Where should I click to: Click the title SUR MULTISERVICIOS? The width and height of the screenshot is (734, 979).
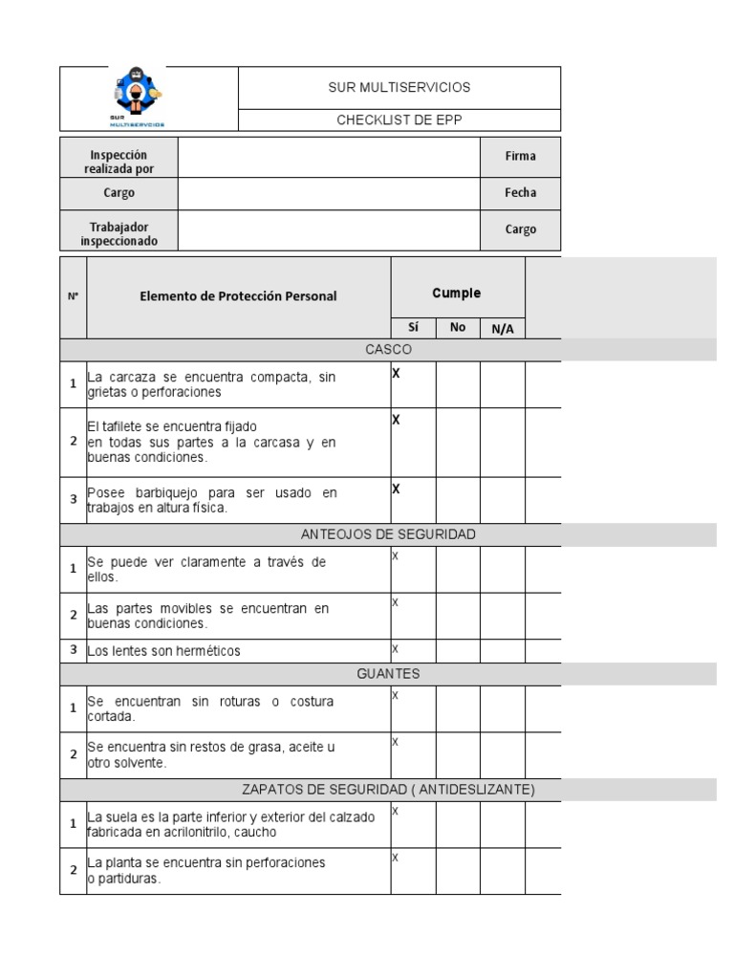[399, 87]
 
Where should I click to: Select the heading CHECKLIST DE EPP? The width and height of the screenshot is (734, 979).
[399, 120]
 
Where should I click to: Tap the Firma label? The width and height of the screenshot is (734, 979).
[520, 156]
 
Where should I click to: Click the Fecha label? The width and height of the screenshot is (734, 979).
[520, 192]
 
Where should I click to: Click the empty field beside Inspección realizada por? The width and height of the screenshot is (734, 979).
[329, 156]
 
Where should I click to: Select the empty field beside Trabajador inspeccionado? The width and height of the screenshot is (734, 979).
[329, 229]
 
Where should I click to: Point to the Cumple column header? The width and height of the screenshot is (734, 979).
[457, 294]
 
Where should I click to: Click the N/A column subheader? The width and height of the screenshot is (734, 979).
[502, 328]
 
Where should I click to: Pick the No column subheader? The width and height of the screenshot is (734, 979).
[458, 327]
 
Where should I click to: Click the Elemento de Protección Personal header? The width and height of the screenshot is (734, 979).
[238, 296]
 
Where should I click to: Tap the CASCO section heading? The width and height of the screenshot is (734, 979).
[388, 350]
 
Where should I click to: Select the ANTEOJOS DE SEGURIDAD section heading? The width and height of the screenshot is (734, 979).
[388, 533]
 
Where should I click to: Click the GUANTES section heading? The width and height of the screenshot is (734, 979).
[388, 674]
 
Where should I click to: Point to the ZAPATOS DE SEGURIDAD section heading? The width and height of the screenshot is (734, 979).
[388, 789]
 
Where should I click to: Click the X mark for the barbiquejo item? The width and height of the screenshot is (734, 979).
[396, 489]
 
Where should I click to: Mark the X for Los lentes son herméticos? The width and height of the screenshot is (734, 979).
[395, 649]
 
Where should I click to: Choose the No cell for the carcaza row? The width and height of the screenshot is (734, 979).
[458, 384]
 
